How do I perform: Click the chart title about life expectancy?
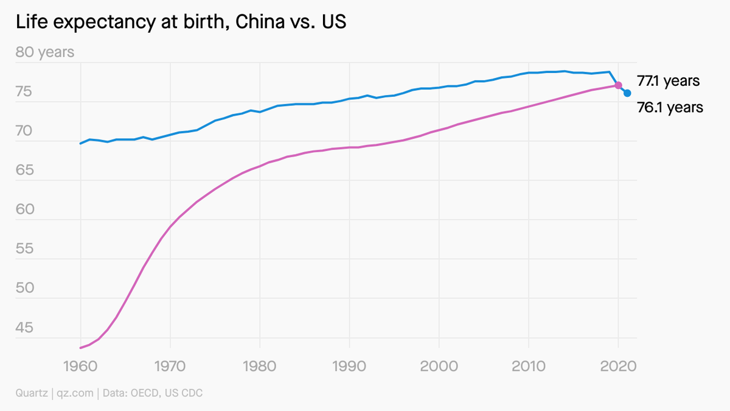coord(181,23)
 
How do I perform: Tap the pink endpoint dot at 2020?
coord(618,85)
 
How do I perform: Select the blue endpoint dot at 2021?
coord(627,93)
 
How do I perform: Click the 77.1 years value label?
coord(668,80)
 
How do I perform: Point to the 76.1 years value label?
coord(670,108)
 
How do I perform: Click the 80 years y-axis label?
coord(45,52)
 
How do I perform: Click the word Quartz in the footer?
coord(32,393)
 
